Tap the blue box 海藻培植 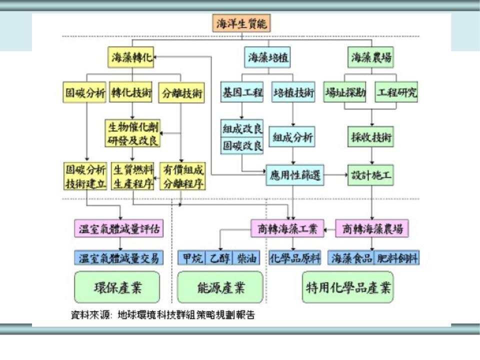coord(268,57)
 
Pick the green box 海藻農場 coord(370,57)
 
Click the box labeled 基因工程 coord(242,92)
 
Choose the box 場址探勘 coord(345,92)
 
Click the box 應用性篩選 coord(295,175)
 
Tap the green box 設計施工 coord(370,175)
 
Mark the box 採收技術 coord(370,136)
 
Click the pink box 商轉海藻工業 coord(287,229)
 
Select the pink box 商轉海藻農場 coord(372,229)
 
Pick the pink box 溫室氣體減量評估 coord(119,229)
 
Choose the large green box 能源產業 coord(220,287)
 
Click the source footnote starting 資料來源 coord(163,315)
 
